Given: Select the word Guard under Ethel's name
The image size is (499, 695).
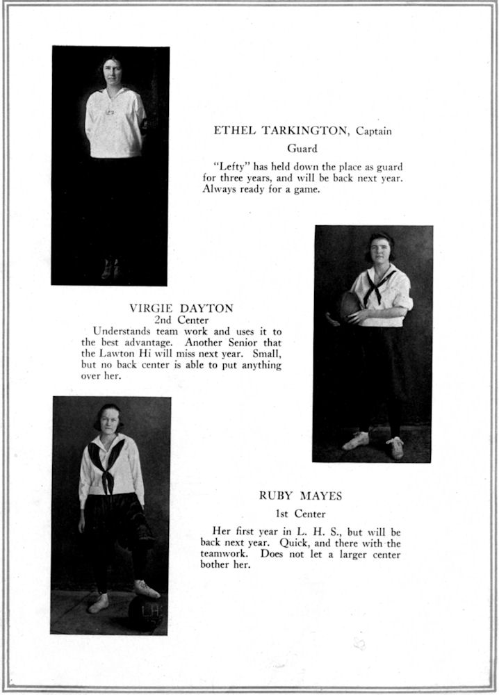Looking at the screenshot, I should pyautogui.click(x=302, y=148).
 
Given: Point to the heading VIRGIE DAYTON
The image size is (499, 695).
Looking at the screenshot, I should pyautogui.click(x=181, y=307).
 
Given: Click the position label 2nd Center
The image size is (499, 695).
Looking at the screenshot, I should pyautogui.click(x=181, y=320).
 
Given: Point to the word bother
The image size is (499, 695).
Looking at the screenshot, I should pyautogui.click(x=218, y=565).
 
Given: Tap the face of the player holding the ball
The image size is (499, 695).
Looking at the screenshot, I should pyautogui.click(x=382, y=251).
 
